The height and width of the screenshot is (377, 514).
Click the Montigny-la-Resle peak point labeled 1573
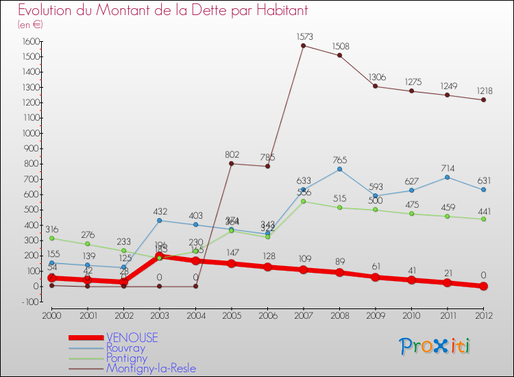303,45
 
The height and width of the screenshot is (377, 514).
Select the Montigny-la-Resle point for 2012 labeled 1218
483,100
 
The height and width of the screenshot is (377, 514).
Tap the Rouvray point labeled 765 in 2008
339,169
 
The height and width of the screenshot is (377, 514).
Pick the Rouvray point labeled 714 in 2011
447,177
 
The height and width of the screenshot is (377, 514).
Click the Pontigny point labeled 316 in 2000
51,238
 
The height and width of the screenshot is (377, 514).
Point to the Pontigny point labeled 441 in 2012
483,219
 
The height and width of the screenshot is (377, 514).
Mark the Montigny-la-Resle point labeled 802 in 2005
231,163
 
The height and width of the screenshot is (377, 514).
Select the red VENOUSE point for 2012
483,286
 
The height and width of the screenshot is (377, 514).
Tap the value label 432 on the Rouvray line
160,211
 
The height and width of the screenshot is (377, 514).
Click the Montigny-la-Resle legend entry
151,369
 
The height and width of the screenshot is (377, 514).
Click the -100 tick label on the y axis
28,302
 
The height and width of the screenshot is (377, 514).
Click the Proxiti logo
435,346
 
